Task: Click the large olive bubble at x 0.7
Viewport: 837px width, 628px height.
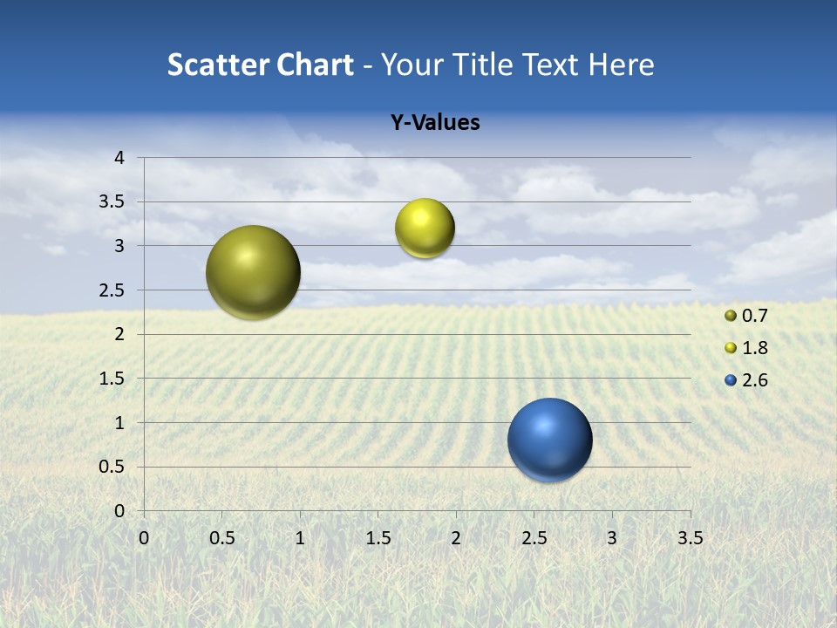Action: click(x=254, y=272)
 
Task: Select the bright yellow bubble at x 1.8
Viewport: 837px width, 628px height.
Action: click(x=425, y=229)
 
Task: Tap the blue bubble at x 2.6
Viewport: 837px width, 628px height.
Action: click(x=550, y=440)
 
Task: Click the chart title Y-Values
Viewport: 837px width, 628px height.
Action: click(x=434, y=123)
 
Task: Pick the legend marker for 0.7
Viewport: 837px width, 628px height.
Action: click(x=731, y=316)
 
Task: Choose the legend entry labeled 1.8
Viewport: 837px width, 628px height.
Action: click(x=754, y=348)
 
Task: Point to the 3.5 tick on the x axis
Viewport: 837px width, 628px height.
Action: click(x=690, y=538)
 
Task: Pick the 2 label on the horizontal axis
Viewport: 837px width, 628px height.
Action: click(x=456, y=538)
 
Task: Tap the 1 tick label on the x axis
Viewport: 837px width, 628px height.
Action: click(x=300, y=538)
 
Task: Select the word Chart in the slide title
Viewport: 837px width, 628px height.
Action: click(x=315, y=65)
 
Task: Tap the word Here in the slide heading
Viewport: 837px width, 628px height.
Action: click(x=621, y=65)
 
